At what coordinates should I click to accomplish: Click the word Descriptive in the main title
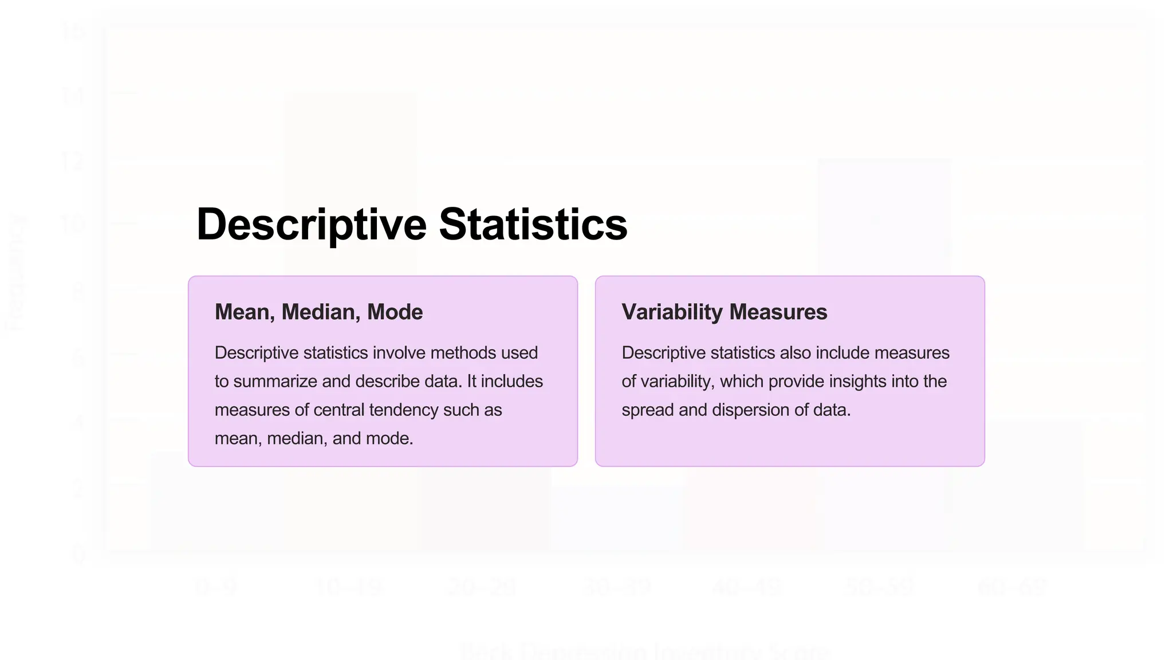[311, 225]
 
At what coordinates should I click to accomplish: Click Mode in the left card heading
[395, 312]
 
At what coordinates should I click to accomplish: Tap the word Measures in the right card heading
[778, 312]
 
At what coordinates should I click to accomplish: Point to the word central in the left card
[338, 410]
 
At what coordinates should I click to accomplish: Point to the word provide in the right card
[794, 382]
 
